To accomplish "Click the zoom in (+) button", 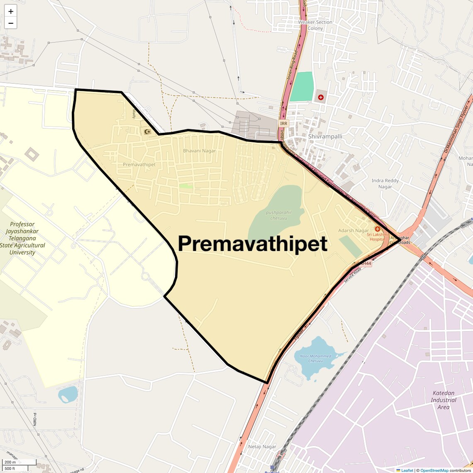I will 11,11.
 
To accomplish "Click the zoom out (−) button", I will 11,23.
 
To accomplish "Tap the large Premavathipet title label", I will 253,244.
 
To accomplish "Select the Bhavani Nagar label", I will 200,151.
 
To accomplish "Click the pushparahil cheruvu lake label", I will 278,215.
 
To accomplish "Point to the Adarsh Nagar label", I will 353,230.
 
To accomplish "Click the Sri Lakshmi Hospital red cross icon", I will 378,229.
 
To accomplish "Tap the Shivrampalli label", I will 325,136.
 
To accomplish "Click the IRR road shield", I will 283,123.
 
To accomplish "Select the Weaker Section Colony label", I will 315,25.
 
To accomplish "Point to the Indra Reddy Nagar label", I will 385,183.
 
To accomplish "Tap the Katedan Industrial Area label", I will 443,400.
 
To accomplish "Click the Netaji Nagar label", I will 262,446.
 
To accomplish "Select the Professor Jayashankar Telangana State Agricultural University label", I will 22,238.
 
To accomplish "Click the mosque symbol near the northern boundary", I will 147,132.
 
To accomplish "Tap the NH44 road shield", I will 365,263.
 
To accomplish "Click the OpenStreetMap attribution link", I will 434,470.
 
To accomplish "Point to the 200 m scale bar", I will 19,462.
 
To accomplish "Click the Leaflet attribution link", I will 407,470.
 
